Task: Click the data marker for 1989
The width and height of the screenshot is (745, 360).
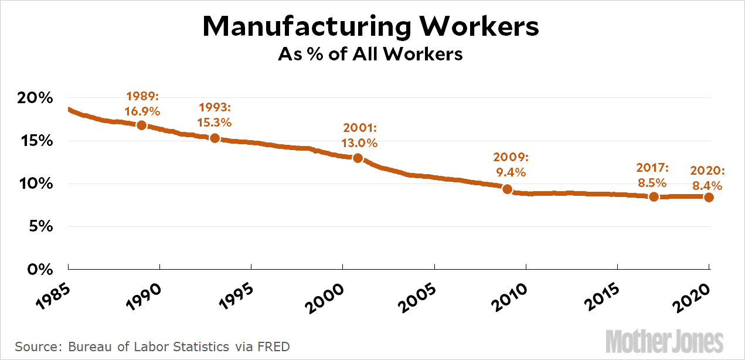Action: coord(141,125)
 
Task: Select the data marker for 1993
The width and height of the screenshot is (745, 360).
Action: coord(215,138)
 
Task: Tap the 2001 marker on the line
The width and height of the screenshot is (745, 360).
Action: coord(358,158)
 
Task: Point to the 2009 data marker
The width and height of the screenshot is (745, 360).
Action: coord(508,189)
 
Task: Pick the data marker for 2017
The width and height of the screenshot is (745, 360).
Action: coord(654,196)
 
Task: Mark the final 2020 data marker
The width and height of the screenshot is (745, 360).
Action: coord(709,197)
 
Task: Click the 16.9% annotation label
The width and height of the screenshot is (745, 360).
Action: coord(142,110)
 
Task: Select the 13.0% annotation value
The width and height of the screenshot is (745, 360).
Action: coord(359,142)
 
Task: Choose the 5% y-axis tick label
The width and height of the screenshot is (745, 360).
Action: coord(39,226)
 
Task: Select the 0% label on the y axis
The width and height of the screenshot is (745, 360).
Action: coord(39,269)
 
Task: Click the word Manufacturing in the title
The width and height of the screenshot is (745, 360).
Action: coord(290,28)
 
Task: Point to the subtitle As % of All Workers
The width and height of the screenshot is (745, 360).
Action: coord(370,55)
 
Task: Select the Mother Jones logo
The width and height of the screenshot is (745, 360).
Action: coord(665,341)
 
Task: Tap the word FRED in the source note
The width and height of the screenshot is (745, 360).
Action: coord(274,347)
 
